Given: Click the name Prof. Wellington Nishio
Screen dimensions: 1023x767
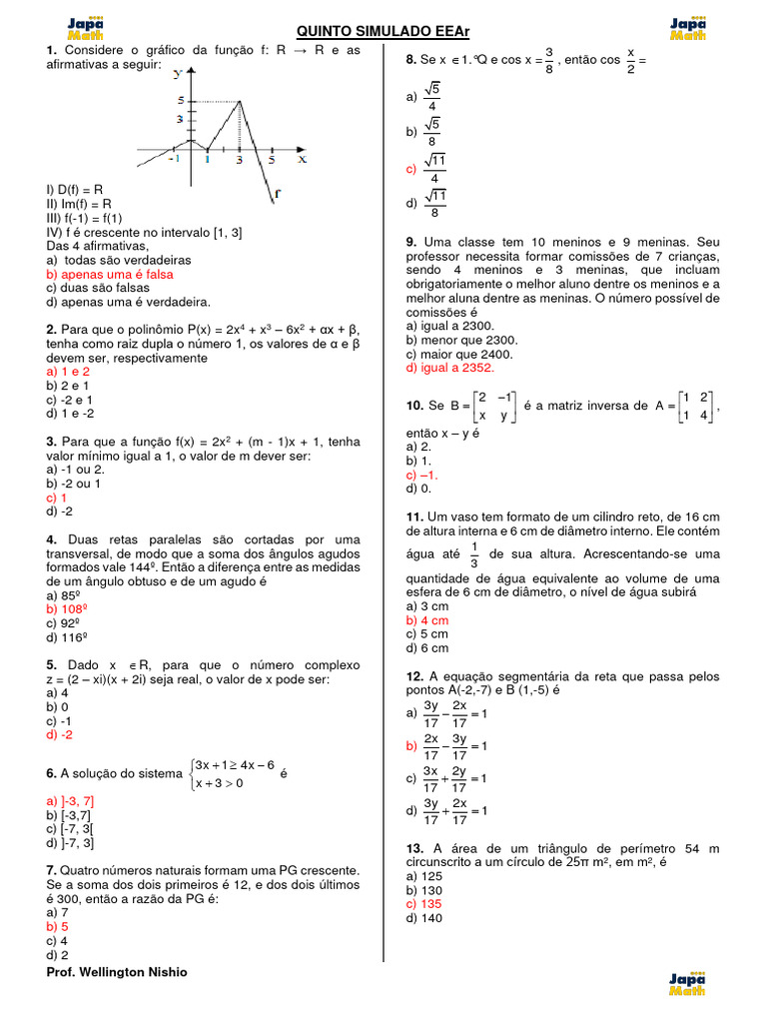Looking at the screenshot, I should tap(116, 972).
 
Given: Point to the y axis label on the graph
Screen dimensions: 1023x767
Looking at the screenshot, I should tap(176, 73).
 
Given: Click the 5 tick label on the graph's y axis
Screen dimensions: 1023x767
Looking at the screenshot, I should tap(180, 100).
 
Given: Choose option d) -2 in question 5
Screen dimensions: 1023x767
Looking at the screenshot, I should tap(59, 734).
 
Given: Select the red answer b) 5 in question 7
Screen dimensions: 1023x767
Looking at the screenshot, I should tap(57, 926).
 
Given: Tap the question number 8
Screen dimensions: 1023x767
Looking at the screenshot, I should tap(410, 61).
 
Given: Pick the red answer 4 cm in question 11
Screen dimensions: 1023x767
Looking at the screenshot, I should tap(427, 619).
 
